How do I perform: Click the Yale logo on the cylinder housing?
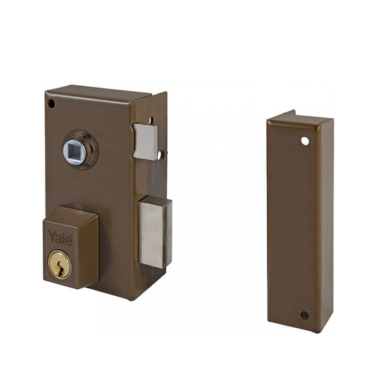tap(60, 237)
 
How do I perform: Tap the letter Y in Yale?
tap(52, 235)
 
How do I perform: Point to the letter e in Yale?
tap(69, 241)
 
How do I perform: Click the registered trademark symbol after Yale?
tap(71, 236)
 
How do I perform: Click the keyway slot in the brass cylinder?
tap(60, 268)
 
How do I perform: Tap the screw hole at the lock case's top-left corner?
tap(52, 103)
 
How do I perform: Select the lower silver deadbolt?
tap(155, 232)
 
